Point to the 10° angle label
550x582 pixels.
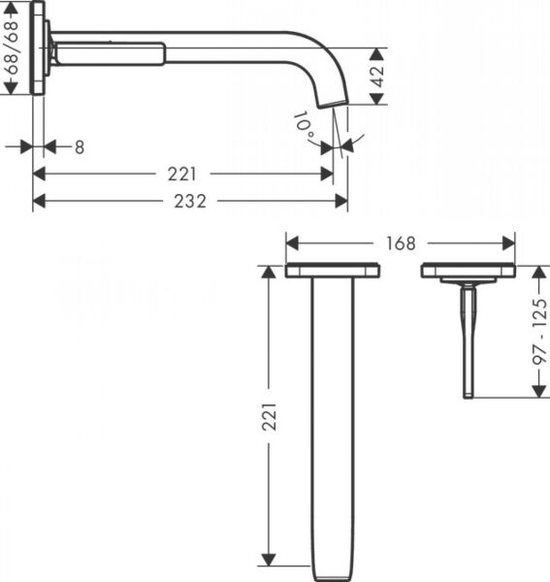click(x=304, y=123)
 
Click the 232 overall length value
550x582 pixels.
click(x=190, y=201)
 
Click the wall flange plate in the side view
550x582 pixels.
click(x=38, y=48)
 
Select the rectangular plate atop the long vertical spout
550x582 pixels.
click(x=330, y=272)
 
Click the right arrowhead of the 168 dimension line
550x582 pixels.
click(x=509, y=242)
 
